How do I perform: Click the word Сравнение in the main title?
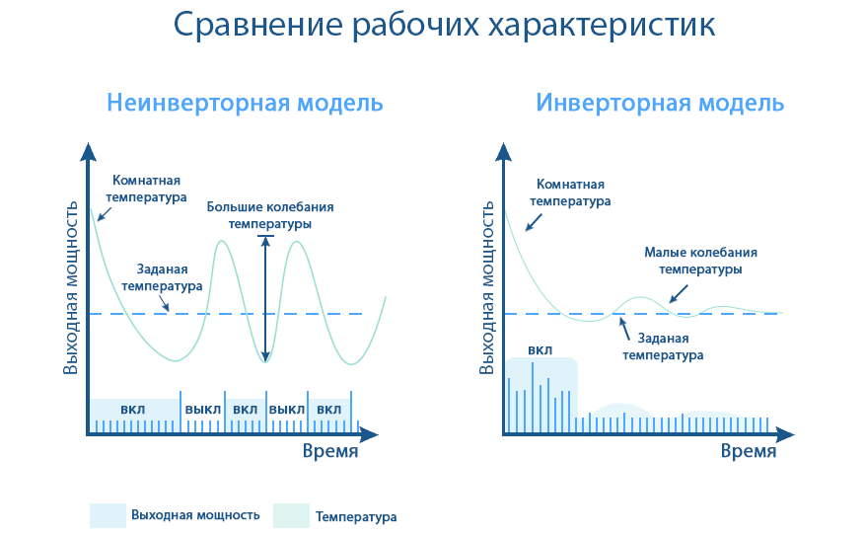click(x=258, y=25)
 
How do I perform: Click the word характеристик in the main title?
click(x=602, y=26)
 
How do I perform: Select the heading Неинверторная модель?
click(x=245, y=104)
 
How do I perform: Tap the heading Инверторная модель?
click(x=660, y=104)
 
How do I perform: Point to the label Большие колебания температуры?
click(x=270, y=215)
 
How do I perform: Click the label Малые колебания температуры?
click(x=700, y=262)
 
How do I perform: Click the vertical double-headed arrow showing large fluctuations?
click(x=266, y=299)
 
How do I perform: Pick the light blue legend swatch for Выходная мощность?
click(x=108, y=515)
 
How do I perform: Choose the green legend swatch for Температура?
click(x=291, y=515)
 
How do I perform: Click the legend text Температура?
click(x=356, y=517)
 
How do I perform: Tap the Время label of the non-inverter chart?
click(x=329, y=451)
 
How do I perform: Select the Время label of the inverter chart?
click(x=748, y=451)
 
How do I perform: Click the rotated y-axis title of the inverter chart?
click(x=486, y=287)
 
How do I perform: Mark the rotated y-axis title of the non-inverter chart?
click(x=71, y=287)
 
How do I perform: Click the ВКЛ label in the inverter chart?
click(x=541, y=350)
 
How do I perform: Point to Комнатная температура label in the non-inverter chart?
click(x=146, y=189)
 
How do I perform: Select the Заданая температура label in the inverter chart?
click(x=663, y=346)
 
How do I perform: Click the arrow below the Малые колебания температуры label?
click(x=680, y=294)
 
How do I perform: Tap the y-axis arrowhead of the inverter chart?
click(x=503, y=151)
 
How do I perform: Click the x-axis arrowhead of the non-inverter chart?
click(x=369, y=435)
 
